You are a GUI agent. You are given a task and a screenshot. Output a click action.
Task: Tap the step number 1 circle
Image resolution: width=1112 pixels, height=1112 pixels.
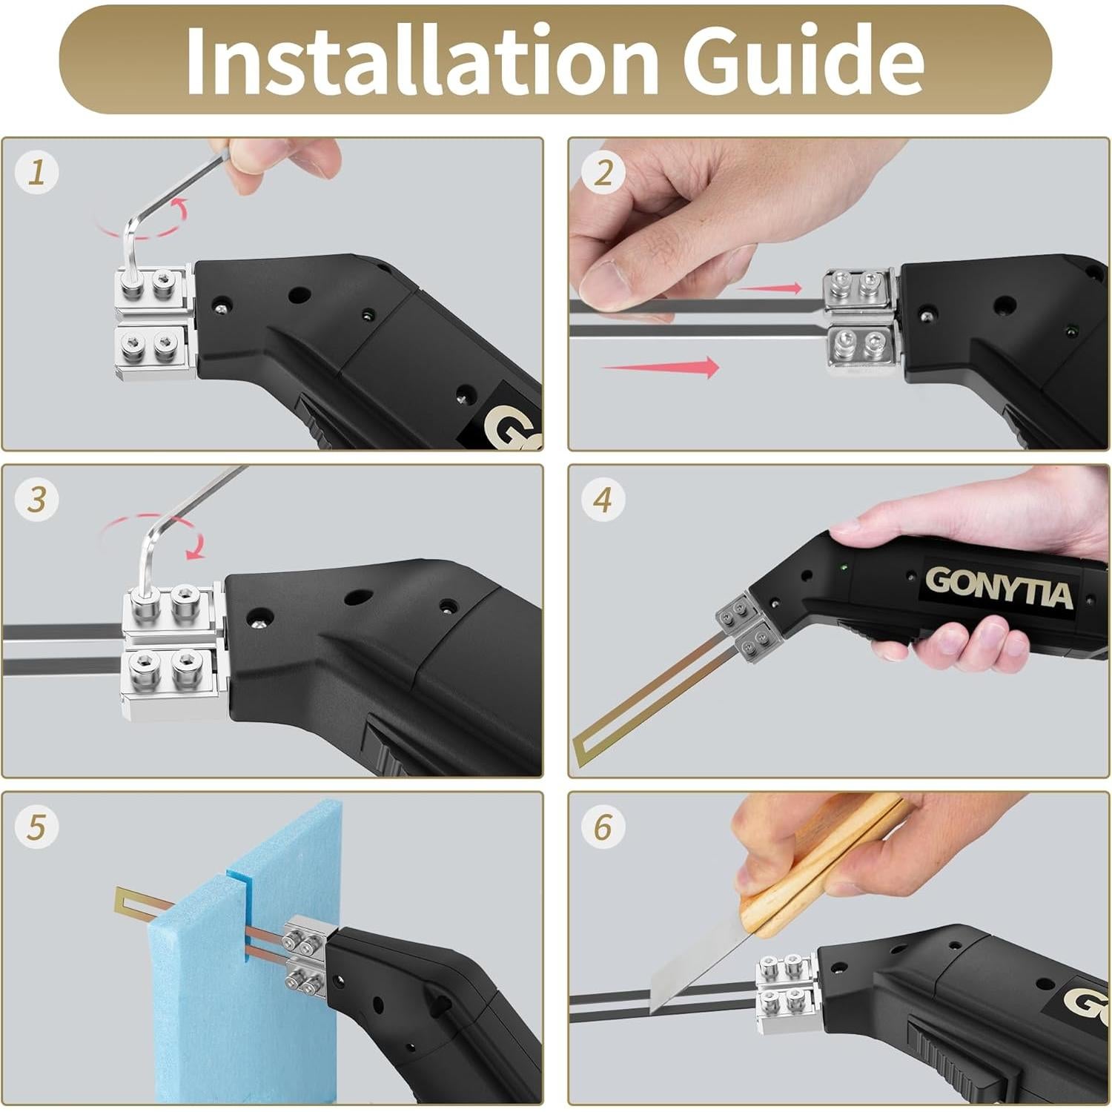coord(36,173)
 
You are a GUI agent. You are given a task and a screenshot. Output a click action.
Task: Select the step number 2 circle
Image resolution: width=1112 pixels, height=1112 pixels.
coord(603,173)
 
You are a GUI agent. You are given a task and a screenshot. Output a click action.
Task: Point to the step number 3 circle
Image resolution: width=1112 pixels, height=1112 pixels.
coord(36,500)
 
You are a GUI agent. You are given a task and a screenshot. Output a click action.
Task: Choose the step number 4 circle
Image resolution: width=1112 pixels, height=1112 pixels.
coord(603,500)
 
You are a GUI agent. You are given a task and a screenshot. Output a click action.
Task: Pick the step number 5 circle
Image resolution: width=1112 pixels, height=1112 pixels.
coord(36,827)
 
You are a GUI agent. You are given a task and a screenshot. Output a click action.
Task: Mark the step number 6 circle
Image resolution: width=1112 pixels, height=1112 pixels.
coord(603,827)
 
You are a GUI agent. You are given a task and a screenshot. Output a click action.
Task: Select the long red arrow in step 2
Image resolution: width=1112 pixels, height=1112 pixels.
coord(660,367)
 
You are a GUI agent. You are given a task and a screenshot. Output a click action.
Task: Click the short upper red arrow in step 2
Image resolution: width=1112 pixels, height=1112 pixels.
coord(770,288)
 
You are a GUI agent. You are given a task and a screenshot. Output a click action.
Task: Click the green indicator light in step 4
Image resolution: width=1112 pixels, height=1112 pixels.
coord(843,569)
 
